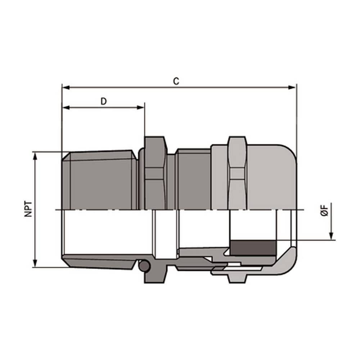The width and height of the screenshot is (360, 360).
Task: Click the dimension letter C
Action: pyautogui.click(x=176, y=81)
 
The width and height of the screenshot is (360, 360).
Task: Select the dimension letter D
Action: pyautogui.click(x=104, y=101)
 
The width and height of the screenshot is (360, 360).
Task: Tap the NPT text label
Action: pyautogui.click(x=28, y=209)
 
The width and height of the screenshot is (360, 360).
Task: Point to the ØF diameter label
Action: pyautogui.click(x=325, y=210)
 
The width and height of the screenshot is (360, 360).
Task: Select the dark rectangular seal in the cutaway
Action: pyautogui.click(x=252, y=248)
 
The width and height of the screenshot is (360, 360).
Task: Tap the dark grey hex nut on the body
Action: pyautogui.click(x=156, y=173)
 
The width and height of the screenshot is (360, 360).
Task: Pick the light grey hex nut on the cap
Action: pyautogui.click(x=238, y=173)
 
